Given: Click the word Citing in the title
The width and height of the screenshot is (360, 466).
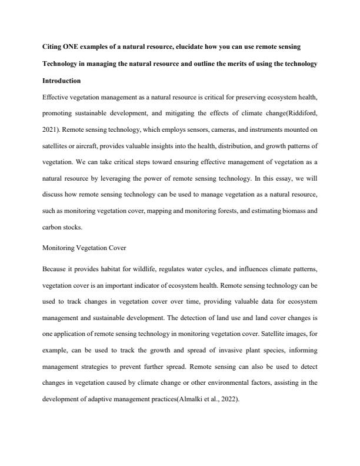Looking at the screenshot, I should (54, 45).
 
